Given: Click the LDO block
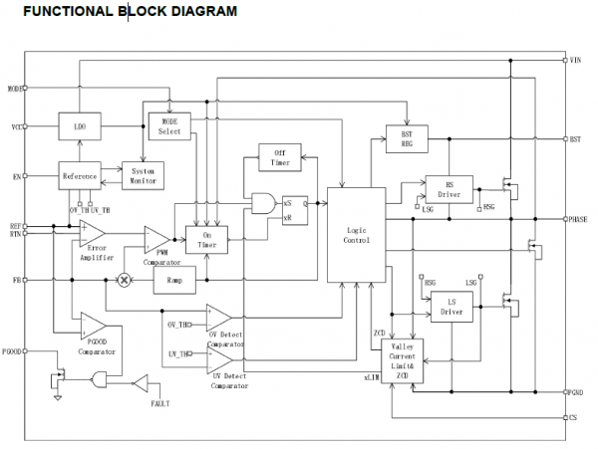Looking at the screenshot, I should pos(80,127).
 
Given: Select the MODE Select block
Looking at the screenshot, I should pos(169,126).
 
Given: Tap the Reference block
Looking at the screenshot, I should pos(80,175).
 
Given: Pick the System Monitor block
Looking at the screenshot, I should pos(143,175).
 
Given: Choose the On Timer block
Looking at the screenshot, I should pos(207,239).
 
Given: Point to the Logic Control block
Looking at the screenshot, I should pos(356,235).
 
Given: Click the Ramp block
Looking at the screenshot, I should pos(180,280).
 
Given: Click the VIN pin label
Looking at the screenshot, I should pos(576,62).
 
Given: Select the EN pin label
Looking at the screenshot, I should pos(17,175).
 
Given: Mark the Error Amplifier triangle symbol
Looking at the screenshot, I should pos(93,233).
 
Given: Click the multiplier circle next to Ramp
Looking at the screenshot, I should pos(126,281).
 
